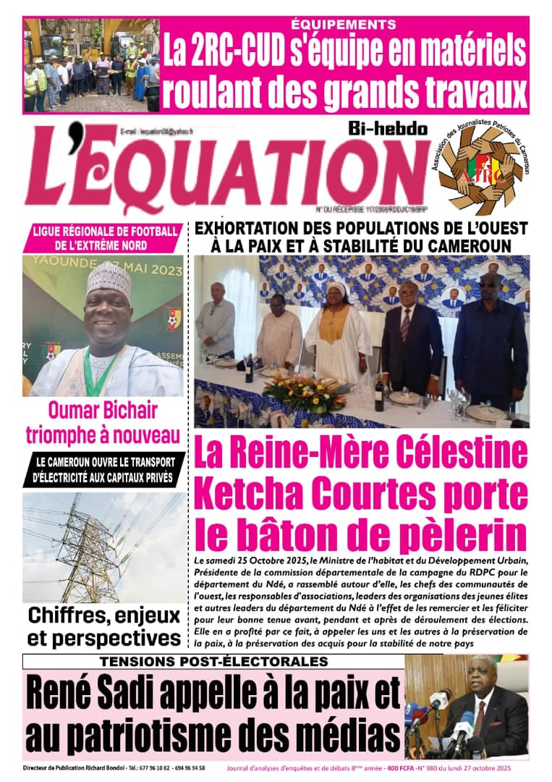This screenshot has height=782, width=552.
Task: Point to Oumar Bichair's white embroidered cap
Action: tap(109, 277)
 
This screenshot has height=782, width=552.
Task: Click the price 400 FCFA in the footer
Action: tap(407, 768)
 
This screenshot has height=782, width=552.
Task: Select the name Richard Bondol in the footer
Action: tap(106, 768)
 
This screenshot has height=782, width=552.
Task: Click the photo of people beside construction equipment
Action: tap(91, 64)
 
